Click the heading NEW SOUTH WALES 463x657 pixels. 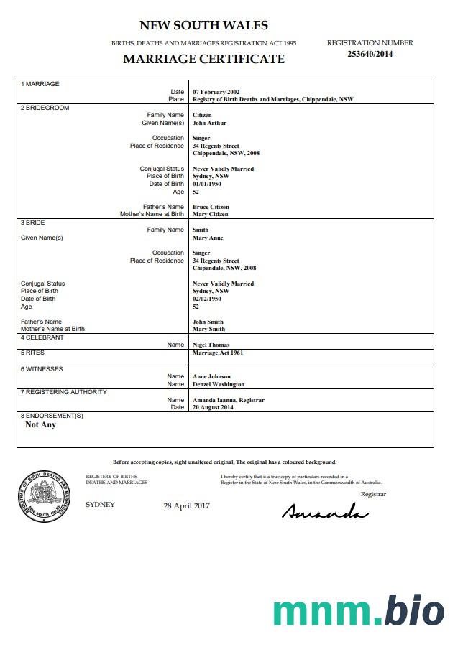pyautogui.click(x=203, y=26)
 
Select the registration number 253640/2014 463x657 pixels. pyautogui.click(x=370, y=54)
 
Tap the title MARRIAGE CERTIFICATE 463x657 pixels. pyautogui.click(x=203, y=59)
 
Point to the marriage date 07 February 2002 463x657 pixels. pyautogui.click(x=216, y=92)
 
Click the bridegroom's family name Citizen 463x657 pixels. pyautogui.click(x=202, y=115)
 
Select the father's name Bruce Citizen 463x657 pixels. pyautogui.click(x=211, y=207)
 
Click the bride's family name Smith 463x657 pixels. pyautogui.click(x=201, y=230)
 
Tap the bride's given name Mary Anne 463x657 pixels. pyautogui.click(x=208, y=238)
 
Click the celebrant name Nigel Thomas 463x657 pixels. pyautogui.click(x=211, y=345)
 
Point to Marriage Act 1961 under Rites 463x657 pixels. pyautogui.click(x=218, y=353)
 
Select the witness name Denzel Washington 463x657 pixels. pyautogui.click(x=219, y=384)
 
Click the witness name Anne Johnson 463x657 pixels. pyautogui.click(x=211, y=376)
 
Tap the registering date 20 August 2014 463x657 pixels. pyautogui.click(x=214, y=407)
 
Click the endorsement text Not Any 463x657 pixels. pyautogui.click(x=40, y=424)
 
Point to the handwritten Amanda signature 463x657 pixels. pyautogui.click(x=325, y=511)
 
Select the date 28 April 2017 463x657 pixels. pyautogui.click(x=186, y=505)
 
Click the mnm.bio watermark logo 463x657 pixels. pyautogui.click(x=358, y=611)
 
